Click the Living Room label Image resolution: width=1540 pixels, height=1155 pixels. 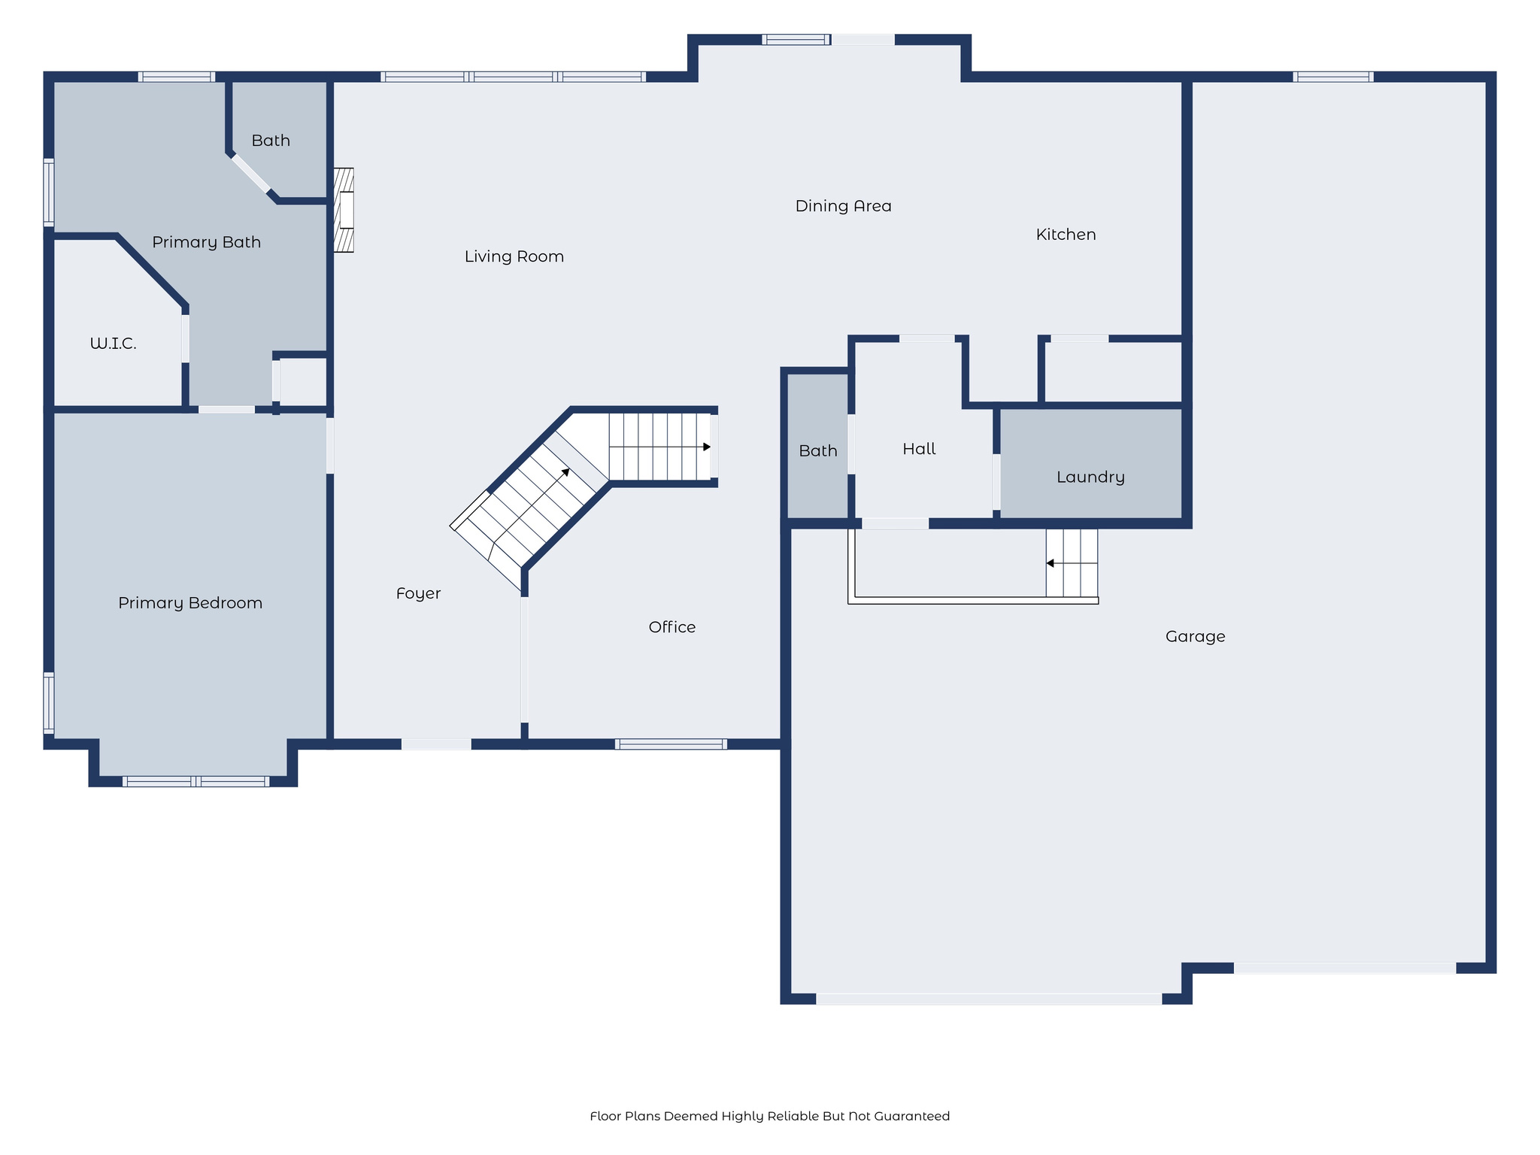[x=514, y=256]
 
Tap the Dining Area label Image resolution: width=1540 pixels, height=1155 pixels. [x=843, y=206]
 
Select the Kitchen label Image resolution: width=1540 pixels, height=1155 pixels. [x=1066, y=235]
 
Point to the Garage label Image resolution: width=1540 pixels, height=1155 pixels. [x=1195, y=637]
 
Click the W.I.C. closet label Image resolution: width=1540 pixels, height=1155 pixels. [x=113, y=344]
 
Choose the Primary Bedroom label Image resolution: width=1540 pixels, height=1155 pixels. [x=190, y=603]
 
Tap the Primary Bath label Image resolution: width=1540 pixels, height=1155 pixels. [x=206, y=242]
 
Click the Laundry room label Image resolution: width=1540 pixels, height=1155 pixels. [x=1090, y=477]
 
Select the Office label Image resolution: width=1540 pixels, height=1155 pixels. [x=671, y=627]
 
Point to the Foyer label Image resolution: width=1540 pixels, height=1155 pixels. [x=418, y=593]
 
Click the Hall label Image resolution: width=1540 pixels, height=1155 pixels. [x=919, y=449]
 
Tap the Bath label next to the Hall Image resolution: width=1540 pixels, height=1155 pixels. [x=817, y=451]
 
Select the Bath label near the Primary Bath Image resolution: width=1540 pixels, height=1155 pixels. [x=271, y=141]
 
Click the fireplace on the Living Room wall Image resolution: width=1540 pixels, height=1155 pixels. [x=344, y=210]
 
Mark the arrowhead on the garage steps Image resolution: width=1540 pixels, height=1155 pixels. [x=1050, y=563]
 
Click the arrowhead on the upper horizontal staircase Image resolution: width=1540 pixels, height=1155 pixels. [x=706, y=447]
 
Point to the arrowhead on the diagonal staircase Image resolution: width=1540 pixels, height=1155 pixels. [x=565, y=472]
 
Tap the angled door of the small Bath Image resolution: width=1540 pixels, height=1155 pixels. [x=251, y=174]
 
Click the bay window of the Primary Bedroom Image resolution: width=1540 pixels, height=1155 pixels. [x=196, y=781]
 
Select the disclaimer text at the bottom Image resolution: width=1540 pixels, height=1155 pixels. [x=769, y=1116]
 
